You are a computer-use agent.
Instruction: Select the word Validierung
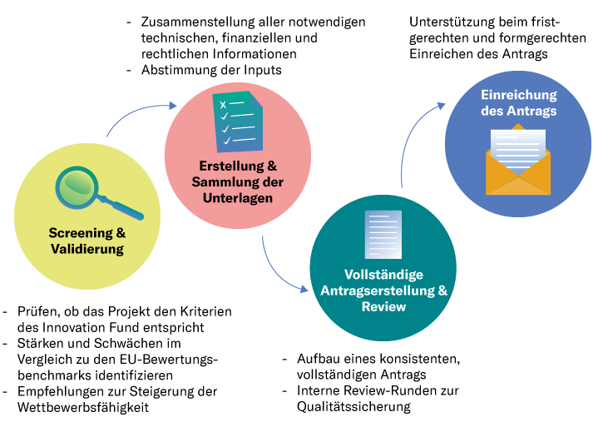click(86, 248)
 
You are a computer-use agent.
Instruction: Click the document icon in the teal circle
click(383, 234)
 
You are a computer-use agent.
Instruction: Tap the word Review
click(383, 306)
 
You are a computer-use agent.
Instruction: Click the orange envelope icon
click(518, 171)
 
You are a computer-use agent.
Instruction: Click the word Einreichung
click(518, 95)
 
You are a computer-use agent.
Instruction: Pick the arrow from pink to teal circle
click(279, 271)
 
